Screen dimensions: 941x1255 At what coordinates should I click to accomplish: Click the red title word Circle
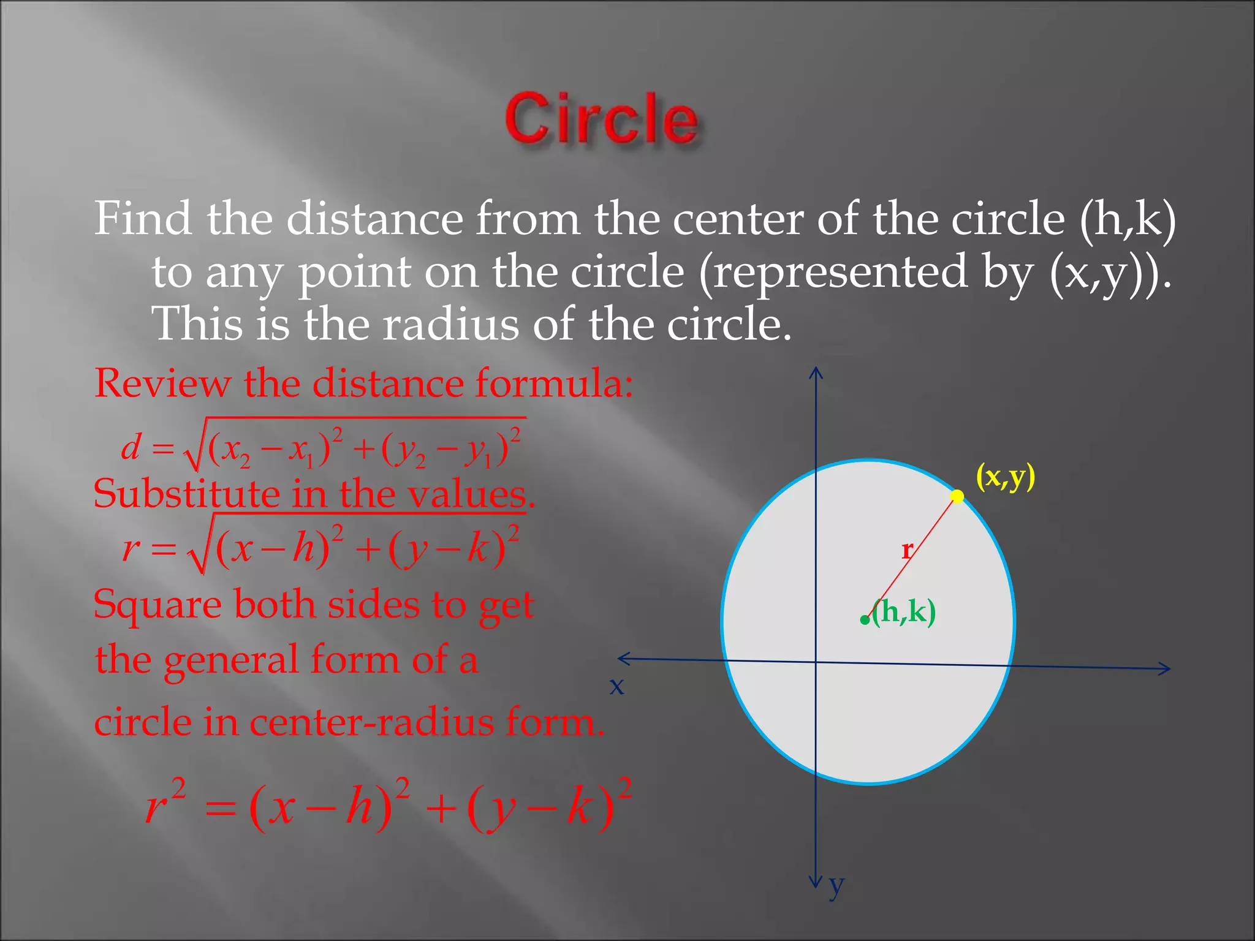tap(601, 119)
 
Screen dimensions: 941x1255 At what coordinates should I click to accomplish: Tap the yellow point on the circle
tap(957, 496)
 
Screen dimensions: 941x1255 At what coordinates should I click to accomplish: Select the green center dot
tap(865, 620)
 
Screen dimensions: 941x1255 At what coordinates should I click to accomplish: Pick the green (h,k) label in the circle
tap(904, 611)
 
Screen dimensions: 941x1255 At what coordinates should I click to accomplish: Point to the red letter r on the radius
tap(907, 550)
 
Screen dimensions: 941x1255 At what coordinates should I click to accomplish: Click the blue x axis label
tap(616, 686)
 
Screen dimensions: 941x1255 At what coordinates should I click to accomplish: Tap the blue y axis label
tap(836, 885)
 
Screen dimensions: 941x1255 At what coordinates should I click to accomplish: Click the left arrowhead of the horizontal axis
tap(621, 659)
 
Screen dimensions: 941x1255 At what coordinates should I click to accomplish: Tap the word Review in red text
tap(162, 384)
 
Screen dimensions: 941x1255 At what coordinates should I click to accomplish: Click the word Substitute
tap(186, 494)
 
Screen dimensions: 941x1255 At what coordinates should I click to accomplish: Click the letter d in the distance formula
tap(131, 447)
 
